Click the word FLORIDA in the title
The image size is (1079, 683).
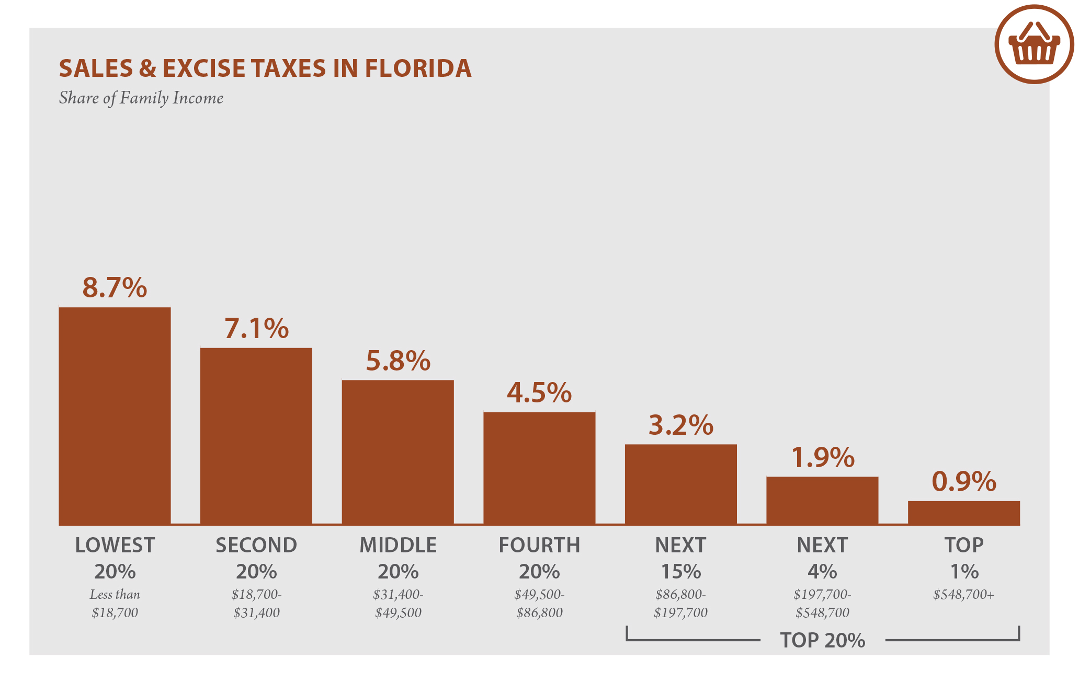(x=418, y=69)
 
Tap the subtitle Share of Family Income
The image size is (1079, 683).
(x=141, y=98)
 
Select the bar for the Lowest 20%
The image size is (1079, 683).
(x=115, y=416)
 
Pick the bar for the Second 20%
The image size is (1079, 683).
(x=256, y=436)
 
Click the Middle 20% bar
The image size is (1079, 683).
(x=397, y=452)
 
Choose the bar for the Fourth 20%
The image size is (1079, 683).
(x=539, y=468)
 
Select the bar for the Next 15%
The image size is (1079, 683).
(x=680, y=484)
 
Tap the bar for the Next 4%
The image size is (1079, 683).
(x=822, y=501)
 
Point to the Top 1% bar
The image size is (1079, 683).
(x=963, y=513)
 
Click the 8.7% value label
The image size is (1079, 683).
(x=115, y=288)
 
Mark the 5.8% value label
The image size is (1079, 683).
(x=397, y=361)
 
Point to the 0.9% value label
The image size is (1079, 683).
(x=963, y=482)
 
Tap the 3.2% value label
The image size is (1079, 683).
(x=680, y=425)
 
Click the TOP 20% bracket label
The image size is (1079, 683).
(x=822, y=640)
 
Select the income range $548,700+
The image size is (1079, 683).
(x=963, y=595)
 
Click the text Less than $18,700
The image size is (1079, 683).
(x=115, y=604)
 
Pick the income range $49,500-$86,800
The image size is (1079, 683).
(x=539, y=604)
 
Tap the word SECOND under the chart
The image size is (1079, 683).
(x=256, y=546)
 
